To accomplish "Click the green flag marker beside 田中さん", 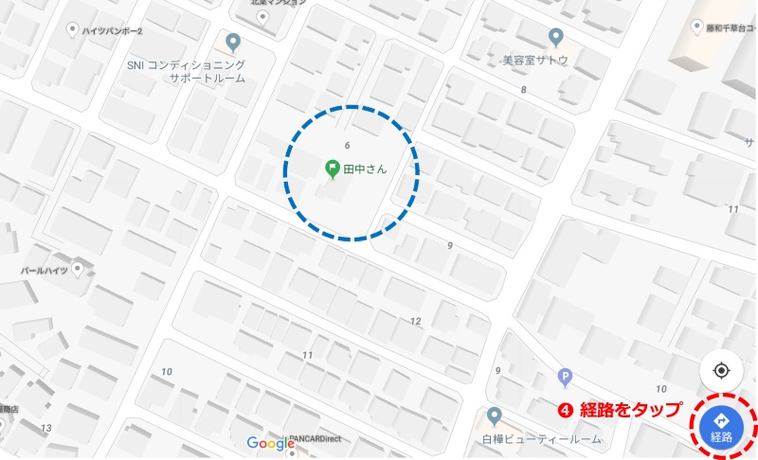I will (332, 169).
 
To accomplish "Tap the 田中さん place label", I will (366, 169).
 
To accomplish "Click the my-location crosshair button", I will (720, 371).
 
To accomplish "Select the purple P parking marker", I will (566, 376).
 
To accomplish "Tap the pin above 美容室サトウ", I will (556, 38).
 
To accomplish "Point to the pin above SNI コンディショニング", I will (233, 44).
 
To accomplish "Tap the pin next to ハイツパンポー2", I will (72, 30).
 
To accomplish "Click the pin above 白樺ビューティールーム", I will (494, 416).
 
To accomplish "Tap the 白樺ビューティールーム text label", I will (541, 440).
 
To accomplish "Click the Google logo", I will (271, 443).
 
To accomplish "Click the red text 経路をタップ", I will (630, 410).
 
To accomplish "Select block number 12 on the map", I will (415, 321).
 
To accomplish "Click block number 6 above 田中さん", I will (348, 145).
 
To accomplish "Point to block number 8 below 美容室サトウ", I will (523, 90).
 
